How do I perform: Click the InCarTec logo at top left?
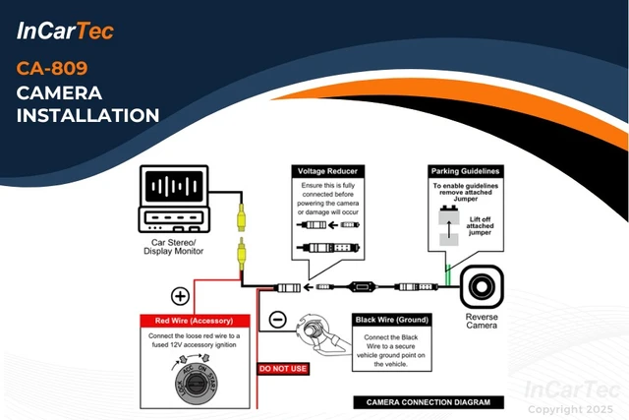pos(66,30)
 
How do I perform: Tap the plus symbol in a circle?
pos(180,295)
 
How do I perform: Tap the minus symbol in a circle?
pos(277,320)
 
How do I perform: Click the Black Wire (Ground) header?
pos(392,320)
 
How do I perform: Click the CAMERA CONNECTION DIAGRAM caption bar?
pos(429,401)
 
